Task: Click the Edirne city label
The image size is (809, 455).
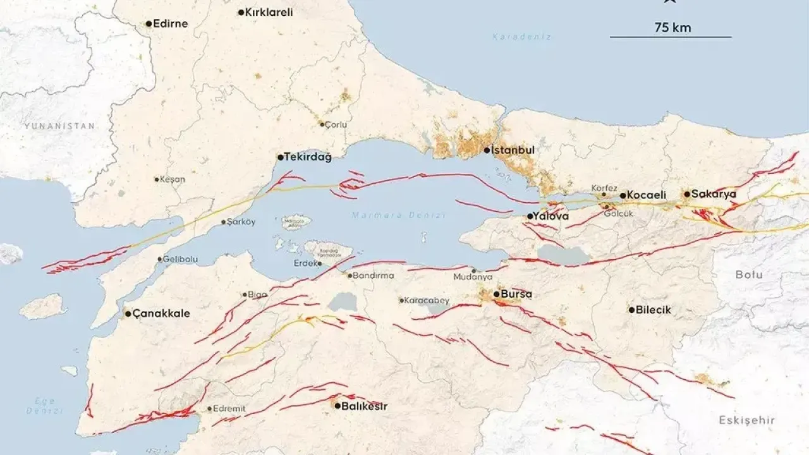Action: click(x=171, y=24)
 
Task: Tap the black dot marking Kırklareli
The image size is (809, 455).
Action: click(x=241, y=12)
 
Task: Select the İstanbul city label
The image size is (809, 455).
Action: click(x=513, y=150)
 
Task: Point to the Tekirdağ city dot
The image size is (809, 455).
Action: click(x=280, y=157)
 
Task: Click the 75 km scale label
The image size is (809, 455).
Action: click(x=672, y=27)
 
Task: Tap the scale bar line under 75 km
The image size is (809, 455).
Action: click(x=671, y=37)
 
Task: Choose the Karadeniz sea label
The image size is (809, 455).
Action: click(x=522, y=37)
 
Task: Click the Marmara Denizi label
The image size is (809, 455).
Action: click(x=399, y=215)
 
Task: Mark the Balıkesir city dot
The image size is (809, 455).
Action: click(x=338, y=406)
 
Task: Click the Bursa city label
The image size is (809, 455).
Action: click(x=516, y=294)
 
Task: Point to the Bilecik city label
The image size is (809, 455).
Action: click(x=654, y=310)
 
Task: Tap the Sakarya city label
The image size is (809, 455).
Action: click(x=714, y=194)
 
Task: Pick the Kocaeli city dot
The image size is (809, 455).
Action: click(x=623, y=196)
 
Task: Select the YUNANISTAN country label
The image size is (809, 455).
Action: click(x=59, y=126)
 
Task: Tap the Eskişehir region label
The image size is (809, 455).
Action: click(x=746, y=420)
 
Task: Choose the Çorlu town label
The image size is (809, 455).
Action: click(x=336, y=124)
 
